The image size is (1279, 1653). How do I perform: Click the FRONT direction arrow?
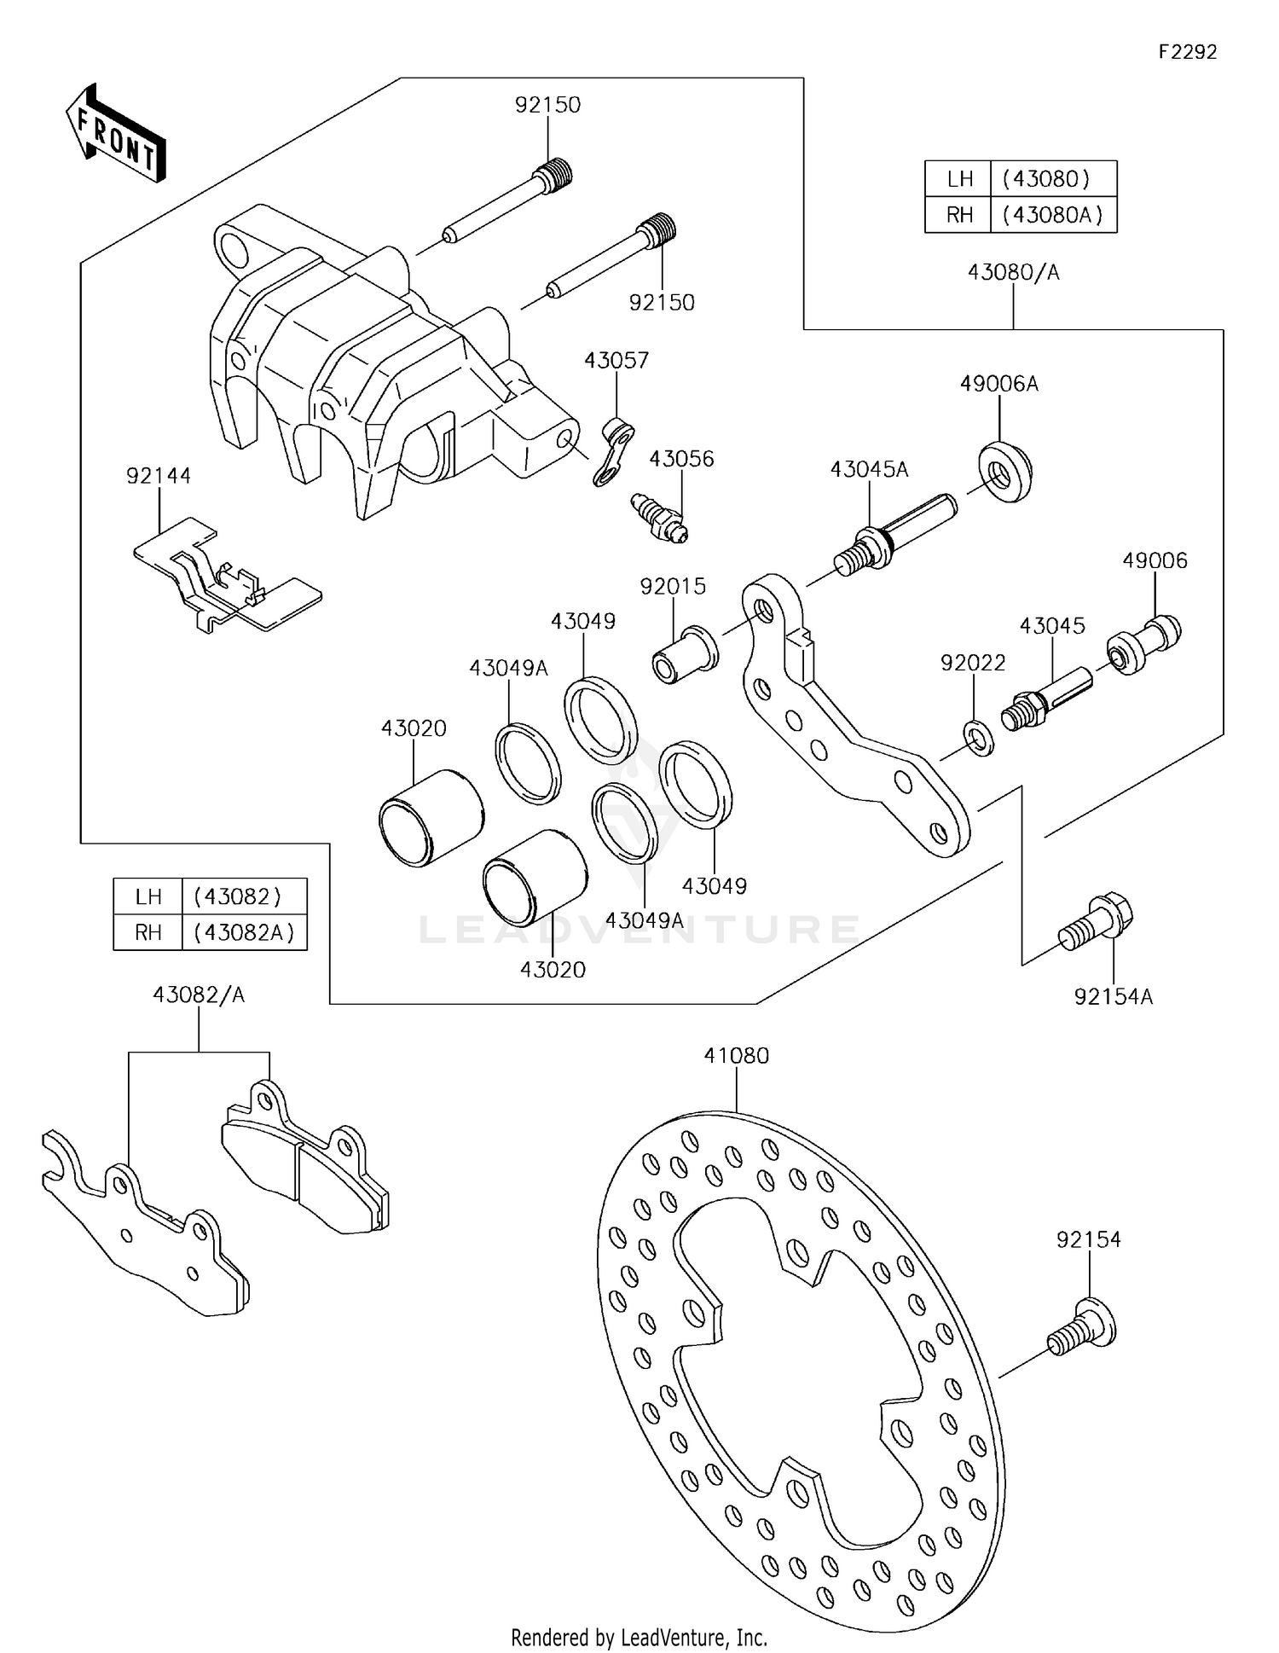pos(115,134)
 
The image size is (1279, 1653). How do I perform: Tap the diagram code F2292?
pos(1188,52)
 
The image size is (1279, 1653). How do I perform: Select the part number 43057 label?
pos(616,360)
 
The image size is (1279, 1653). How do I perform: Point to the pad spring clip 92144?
pos(226,574)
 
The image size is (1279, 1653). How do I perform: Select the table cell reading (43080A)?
pos(1053,215)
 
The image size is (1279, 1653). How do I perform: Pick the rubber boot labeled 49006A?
pos(1004,471)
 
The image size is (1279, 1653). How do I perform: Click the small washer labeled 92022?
pos(979,737)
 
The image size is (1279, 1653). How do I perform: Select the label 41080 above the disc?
pos(736,1055)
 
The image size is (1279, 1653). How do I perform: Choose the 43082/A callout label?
pos(199,995)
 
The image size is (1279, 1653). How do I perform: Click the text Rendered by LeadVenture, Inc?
pos(639,1637)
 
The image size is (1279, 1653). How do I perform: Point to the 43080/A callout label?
pos(1012,272)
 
